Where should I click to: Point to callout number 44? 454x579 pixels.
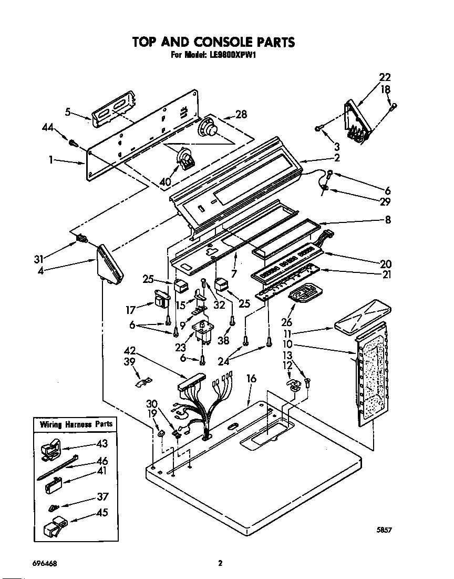(x=48, y=127)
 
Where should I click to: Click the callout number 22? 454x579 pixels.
(x=385, y=77)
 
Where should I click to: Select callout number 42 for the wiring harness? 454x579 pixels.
(x=130, y=351)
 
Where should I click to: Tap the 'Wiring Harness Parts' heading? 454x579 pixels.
(x=73, y=424)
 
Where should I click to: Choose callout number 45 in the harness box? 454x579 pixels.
(x=102, y=513)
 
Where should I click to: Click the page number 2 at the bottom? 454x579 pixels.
(x=221, y=563)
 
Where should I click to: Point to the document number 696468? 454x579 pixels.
(x=45, y=563)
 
